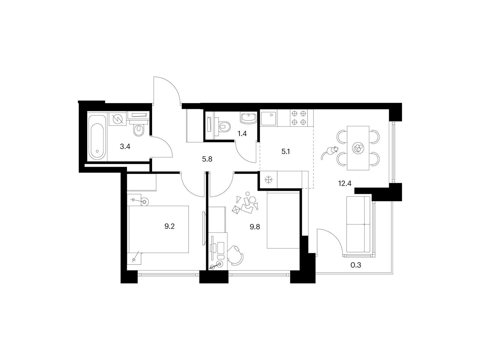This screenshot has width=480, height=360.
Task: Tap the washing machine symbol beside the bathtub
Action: (x=117, y=119)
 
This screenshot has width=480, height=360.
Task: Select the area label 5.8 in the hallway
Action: (x=207, y=159)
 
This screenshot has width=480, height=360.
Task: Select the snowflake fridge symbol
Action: (x=268, y=180)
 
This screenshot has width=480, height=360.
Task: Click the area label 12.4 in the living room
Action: (x=345, y=183)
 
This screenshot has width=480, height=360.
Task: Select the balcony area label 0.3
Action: (x=356, y=265)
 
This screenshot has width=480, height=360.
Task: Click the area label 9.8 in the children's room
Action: (x=255, y=227)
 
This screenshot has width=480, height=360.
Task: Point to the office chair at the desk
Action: (x=235, y=255)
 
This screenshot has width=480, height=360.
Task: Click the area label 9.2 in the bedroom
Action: (x=169, y=226)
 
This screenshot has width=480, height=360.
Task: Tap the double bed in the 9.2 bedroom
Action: (x=158, y=229)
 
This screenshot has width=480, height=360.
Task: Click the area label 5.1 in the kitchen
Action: (x=286, y=151)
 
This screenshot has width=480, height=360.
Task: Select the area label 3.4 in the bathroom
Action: (x=125, y=146)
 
